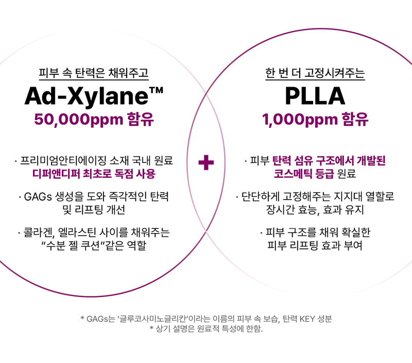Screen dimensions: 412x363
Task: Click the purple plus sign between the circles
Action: (206, 162)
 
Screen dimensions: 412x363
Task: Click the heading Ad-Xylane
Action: (87, 96)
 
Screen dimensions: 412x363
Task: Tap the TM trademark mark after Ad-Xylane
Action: (156, 91)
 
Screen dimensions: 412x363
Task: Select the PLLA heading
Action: (315, 96)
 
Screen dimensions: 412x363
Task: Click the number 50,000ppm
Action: (79, 120)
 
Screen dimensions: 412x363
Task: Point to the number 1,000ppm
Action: (300, 120)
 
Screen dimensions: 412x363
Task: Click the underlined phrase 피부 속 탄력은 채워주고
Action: (94, 73)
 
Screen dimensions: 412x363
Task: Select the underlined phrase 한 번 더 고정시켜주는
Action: (315, 73)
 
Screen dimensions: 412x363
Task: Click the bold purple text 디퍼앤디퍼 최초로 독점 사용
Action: (94, 174)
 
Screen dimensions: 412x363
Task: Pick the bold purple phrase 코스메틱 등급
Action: (304, 174)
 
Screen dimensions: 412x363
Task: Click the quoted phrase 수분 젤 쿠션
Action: (72, 245)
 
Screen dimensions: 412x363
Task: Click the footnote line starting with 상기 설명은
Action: (207, 328)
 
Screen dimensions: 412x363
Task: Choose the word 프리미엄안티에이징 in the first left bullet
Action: (63, 160)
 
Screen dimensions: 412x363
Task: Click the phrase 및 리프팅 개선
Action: (94, 210)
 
